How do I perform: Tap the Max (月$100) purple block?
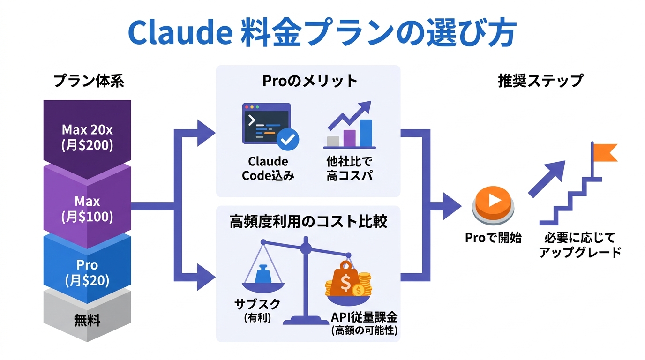pyautogui.click(x=87, y=209)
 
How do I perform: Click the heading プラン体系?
pyautogui.click(x=89, y=81)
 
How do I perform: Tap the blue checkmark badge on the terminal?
pyautogui.click(x=287, y=139)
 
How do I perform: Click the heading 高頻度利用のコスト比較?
pyautogui.click(x=308, y=222)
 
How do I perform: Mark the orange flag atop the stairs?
pyautogui.click(x=605, y=152)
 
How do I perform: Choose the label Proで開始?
pyautogui.click(x=493, y=238)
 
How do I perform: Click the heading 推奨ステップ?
pyautogui.click(x=540, y=81)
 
